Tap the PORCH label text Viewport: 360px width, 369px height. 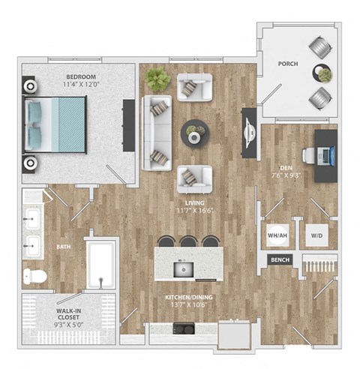(287, 64)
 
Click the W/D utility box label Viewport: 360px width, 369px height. (316, 235)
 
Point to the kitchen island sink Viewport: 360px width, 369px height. (182, 268)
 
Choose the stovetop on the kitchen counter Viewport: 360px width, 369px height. (182, 328)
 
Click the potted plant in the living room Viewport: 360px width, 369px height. (158, 78)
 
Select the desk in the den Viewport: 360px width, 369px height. (325, 156)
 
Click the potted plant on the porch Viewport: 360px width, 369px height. (324, 74)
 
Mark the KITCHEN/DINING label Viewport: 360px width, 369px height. (189, 298)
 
